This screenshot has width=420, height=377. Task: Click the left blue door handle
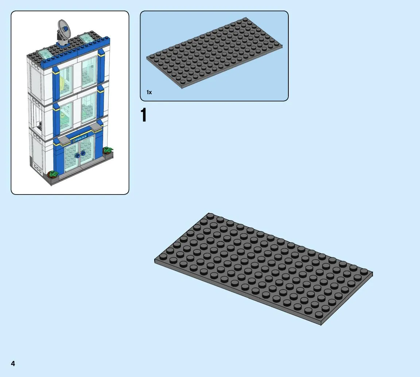[x=78, y=155]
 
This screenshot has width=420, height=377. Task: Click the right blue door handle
[x=83, y=153]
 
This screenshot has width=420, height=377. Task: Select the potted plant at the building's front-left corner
[x=53, y=174]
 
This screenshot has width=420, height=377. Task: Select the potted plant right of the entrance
[x=108, y=150]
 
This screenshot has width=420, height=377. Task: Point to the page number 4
[x=13, y=363]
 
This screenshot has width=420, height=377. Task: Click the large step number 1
[x=144, y=115]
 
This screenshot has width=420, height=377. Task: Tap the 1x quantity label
[x=149, y=92]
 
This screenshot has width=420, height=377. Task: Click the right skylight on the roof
[x=86, y=38]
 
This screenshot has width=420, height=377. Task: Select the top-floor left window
[x=66, y=81]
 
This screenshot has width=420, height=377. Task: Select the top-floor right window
[x=89, y=72]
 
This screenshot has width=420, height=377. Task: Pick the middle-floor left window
[x=66, y=117]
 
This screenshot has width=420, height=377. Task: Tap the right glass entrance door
[x=87, y=150]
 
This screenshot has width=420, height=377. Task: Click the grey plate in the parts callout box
[x=214, y=53]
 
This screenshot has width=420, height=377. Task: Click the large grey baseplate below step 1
[x=264, y=269]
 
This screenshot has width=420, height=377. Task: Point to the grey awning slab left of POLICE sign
[x=66, y=140]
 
